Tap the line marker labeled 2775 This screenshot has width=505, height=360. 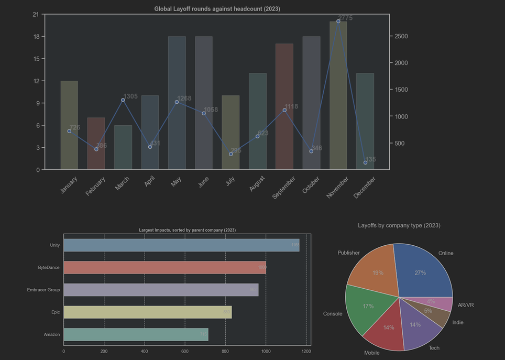point(338,21)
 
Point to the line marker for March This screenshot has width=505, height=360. point(123,100)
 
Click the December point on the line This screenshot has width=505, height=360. point(365,162)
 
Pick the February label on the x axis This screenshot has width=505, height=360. point(96,187)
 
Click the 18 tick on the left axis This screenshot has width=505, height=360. point(36,37)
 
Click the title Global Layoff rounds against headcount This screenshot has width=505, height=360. point(217,9)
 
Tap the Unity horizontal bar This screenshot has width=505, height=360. point(181,245)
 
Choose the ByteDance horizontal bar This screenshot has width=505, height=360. point(164,267)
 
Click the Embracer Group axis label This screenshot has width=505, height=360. point(43,290)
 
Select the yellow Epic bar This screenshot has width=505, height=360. point(147,312)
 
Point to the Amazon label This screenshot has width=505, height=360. point(52,334)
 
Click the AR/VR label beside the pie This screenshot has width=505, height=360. point(466,305)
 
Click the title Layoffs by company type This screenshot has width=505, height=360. point(399,225)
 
